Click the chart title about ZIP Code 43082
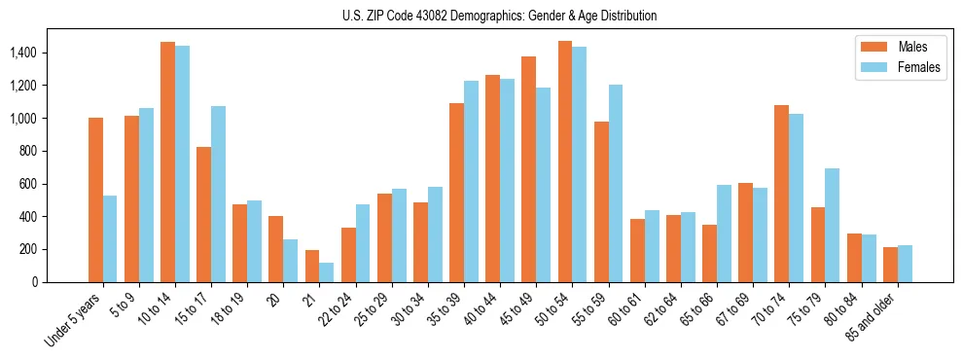(500, 16)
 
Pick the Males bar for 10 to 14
(167, 162)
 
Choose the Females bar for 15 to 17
(218, 194)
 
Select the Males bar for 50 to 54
(564, 162)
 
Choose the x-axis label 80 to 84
(847, 309)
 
